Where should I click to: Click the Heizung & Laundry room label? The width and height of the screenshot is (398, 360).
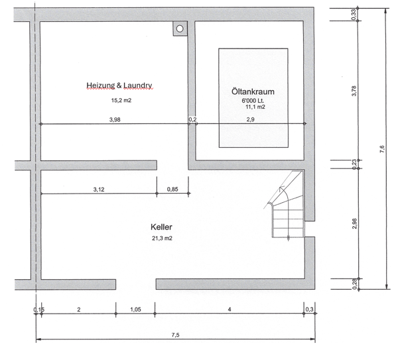click(x=119, y=86)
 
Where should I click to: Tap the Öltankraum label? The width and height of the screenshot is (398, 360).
click(x=253, y=91)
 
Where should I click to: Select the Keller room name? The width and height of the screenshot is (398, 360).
click(x=161, y=227)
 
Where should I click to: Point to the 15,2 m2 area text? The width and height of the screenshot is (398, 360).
click(x=121, y=100)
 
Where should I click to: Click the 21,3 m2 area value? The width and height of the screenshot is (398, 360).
click(x=163, y=238)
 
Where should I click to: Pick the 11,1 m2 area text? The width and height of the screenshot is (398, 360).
click(x=255, y=107)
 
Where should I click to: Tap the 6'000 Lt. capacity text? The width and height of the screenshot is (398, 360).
click(x=253, y=101)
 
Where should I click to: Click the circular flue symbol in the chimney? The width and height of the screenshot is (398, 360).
click(x=180, y=29)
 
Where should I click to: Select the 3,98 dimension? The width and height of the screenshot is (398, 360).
click(x=115, y=119)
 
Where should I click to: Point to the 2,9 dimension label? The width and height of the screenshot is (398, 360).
click(x=251, y=119)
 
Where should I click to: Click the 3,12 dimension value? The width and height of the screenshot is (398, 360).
click(x=99, y=189)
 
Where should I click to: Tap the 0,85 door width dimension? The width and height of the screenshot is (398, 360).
click(x=172, y=189)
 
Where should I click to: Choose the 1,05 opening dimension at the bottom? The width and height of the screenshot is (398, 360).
click(x=135, y=309)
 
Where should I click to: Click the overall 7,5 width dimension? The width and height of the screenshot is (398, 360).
click(x=175, y=335)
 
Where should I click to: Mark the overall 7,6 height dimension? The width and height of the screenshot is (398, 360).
click(x=382, y=149)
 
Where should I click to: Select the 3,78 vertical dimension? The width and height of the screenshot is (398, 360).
click(x=354, y=91)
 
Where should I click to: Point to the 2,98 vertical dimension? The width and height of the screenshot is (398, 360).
click(x=354, y=223)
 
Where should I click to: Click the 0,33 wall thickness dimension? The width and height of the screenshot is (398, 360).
click(x=354, y=15)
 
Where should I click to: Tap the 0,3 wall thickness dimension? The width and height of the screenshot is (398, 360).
click(x=309, y=309)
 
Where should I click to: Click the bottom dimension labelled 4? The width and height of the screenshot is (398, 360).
click(x=230, y=309)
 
